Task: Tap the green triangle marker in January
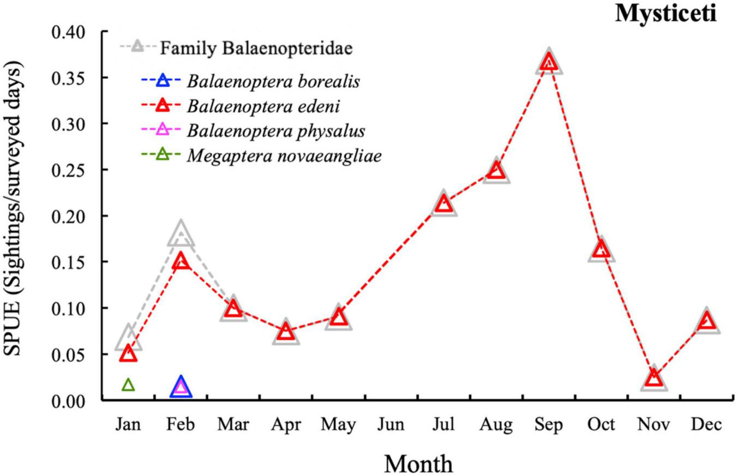click(128, 385)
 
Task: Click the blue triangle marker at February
click(181, 387)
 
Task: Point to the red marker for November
click(654, 377)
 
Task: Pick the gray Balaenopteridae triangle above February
click(181, 235)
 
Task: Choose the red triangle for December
click(706, 321)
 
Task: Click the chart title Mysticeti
click(666, 13)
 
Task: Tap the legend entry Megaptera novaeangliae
click(284, 155)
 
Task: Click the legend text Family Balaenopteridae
click(256, 49)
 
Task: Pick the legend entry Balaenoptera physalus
click(275, 131)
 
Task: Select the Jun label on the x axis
click(391, 424)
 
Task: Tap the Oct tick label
click(601, 424)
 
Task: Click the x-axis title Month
click(418, 464)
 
